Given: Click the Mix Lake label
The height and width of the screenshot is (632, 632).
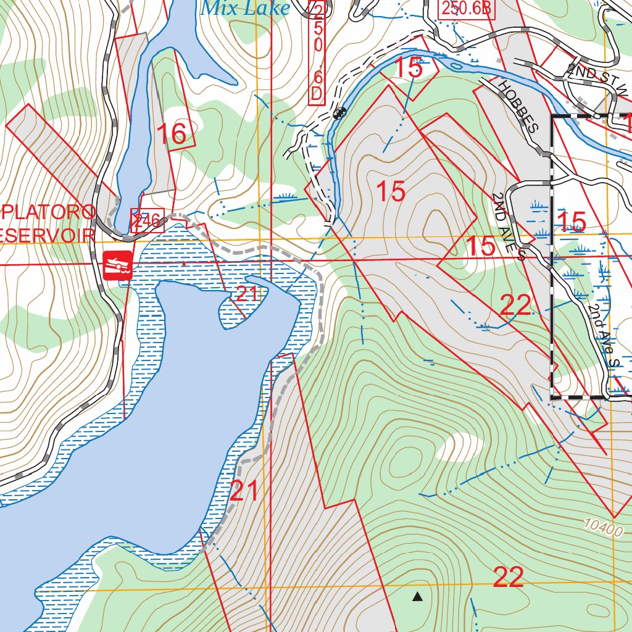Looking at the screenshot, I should pyautogui.click(x=245, y=8).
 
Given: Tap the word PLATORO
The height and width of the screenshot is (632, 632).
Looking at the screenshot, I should pyautogui.click(x=48, y=212).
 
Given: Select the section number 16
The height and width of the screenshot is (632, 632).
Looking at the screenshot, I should pyautogui.click(x=172, y=134).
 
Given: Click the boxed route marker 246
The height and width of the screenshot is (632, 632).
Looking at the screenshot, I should pyautogui.click(x=146, y=220).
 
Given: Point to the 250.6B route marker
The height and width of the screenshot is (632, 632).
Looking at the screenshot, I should pyautogui.click(x=468, y=9).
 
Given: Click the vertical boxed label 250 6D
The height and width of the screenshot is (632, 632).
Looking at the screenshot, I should pyautogui.click(x=317, y=52).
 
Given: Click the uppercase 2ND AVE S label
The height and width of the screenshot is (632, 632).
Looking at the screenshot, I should pyautogui.click(x=509, y=225).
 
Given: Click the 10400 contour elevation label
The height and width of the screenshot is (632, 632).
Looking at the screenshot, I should pyautogui.click(x=601, y=526).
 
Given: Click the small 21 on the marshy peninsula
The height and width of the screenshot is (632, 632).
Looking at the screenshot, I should pyautogui.click(x=246, y=294).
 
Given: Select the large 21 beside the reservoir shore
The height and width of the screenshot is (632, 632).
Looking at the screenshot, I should pyautogui.click(x=244, y=493).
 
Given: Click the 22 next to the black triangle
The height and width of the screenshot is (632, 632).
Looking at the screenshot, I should pyautogui.click(x=509, y=578).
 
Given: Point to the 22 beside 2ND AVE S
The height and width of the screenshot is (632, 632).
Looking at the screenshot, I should pyautogui.click(x=515, y=305).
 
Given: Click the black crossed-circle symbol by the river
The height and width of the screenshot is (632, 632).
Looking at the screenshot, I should pyautogui.click(x=339, y=113).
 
